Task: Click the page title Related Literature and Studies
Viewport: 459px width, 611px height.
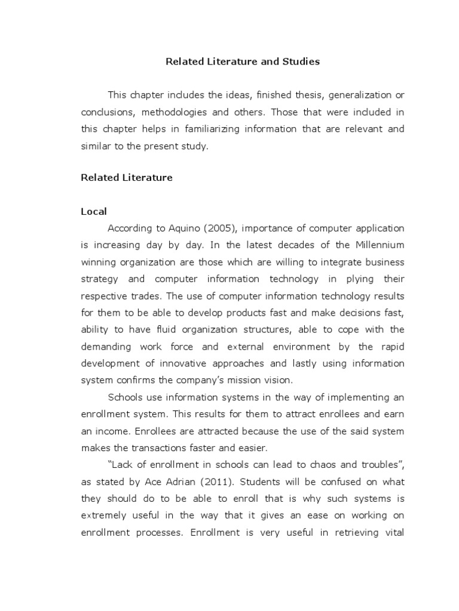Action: tap(243, 61)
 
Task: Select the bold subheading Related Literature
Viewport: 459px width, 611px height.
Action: tap(127, 177)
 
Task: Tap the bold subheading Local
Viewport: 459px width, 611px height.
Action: tap(94, 211)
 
